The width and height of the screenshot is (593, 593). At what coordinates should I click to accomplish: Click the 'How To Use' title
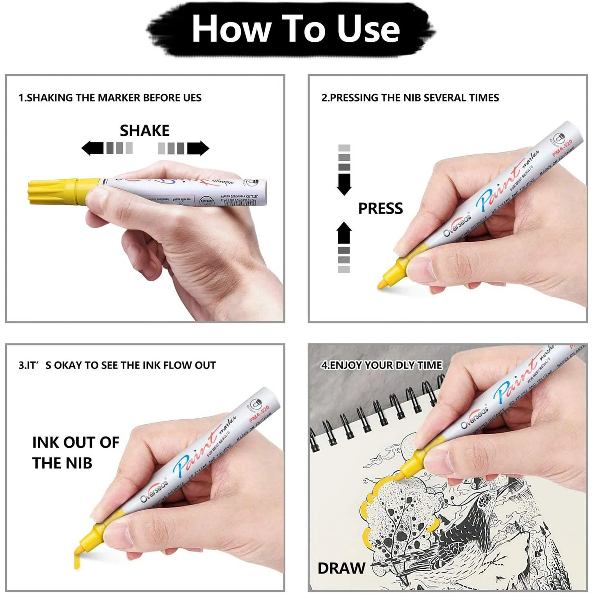(295, 29)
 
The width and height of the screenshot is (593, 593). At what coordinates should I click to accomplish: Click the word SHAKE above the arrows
(144, 131)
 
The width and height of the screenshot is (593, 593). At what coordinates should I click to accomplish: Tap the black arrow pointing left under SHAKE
(92, 148)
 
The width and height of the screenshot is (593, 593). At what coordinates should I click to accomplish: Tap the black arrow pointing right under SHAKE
(198, 148)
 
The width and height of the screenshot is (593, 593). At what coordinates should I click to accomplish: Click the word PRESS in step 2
(380, 208)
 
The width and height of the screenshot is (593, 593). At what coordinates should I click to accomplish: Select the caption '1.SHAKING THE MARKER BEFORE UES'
(110, 98)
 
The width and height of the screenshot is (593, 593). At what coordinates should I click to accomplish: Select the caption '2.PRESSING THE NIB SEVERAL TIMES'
(410, 98)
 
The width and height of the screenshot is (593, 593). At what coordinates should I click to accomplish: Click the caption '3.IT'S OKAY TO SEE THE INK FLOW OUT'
(117, 365)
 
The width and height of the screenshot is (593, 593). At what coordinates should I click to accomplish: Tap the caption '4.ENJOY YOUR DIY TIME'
(382, 365)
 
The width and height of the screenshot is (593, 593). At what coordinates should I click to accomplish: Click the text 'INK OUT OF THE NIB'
(76, 453)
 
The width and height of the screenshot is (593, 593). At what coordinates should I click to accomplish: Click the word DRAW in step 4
(341, 568)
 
